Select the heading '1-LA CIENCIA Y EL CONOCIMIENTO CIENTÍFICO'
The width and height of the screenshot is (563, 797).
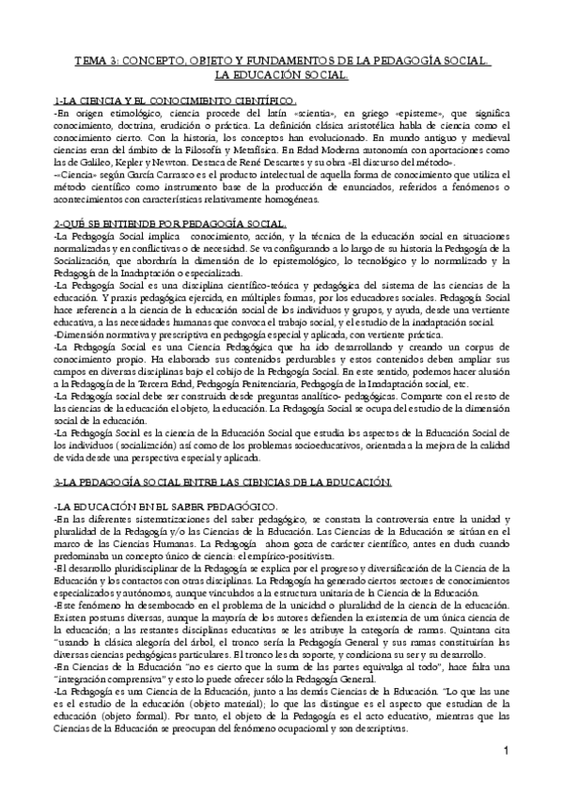(175, 101)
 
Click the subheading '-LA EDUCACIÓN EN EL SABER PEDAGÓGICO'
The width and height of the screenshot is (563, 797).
(150, 507)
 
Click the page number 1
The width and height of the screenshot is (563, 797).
(505, 776)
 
